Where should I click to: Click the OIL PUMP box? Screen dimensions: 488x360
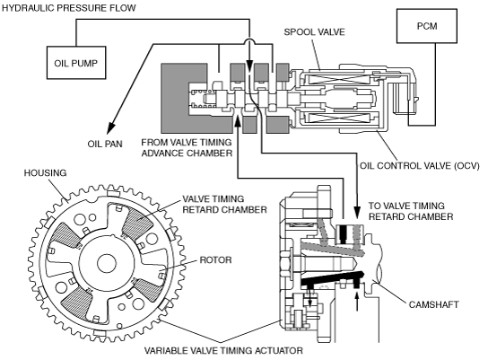tap(76, 63)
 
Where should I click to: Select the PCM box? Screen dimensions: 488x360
tap(427, 26)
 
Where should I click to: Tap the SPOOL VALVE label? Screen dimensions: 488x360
tap(314, 31)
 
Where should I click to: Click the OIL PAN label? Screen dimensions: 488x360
tap(105, 144)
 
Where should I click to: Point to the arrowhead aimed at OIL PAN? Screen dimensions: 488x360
tap(111, 127)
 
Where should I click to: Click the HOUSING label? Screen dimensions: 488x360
tap(46, 173)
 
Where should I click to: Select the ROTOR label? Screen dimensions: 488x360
tap(215, 259)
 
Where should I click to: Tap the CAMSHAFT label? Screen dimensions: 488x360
tap(433, 304)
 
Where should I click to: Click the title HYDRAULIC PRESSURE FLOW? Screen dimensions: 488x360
tap(69, 8)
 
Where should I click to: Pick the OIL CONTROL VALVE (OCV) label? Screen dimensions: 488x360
tap(420, 165)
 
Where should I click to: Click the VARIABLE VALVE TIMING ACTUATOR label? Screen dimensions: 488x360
tap(223, 351)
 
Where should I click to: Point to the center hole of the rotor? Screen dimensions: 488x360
tap(107, 263)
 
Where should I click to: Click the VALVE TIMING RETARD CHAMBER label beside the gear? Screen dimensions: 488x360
tap(224, 205)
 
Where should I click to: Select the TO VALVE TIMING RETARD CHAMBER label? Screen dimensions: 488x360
tap(411, 211)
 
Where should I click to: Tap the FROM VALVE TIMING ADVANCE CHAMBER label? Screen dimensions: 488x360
tap(187, 147)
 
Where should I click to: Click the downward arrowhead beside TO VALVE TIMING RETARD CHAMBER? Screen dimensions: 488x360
tap(357, 213)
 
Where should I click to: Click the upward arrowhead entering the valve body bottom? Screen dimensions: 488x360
tap(238, 121)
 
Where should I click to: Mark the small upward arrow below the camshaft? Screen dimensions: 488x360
tap(357, 300)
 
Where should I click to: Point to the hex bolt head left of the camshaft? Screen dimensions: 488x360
tap(286, 263)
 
